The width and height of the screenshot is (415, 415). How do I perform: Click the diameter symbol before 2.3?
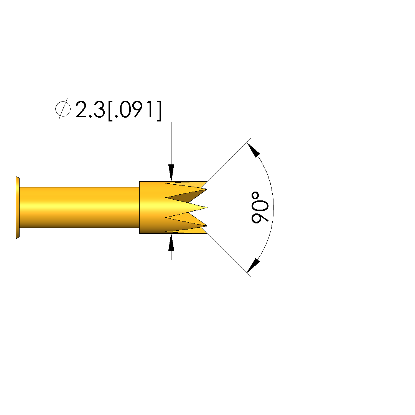(63, 108)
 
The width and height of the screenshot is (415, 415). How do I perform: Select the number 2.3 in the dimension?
(90, 109)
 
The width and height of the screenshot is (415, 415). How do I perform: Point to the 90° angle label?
(260, 208)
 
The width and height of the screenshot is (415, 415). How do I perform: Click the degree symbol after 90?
(255, 196)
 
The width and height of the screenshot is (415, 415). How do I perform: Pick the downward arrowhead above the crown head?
(171, 172)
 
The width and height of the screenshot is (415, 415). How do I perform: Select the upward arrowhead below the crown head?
(171, 243)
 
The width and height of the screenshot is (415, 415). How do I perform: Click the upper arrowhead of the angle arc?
(253, 150)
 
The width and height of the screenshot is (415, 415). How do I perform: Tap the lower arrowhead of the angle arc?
(253, 266)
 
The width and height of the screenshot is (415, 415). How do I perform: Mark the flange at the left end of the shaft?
(18, 208)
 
